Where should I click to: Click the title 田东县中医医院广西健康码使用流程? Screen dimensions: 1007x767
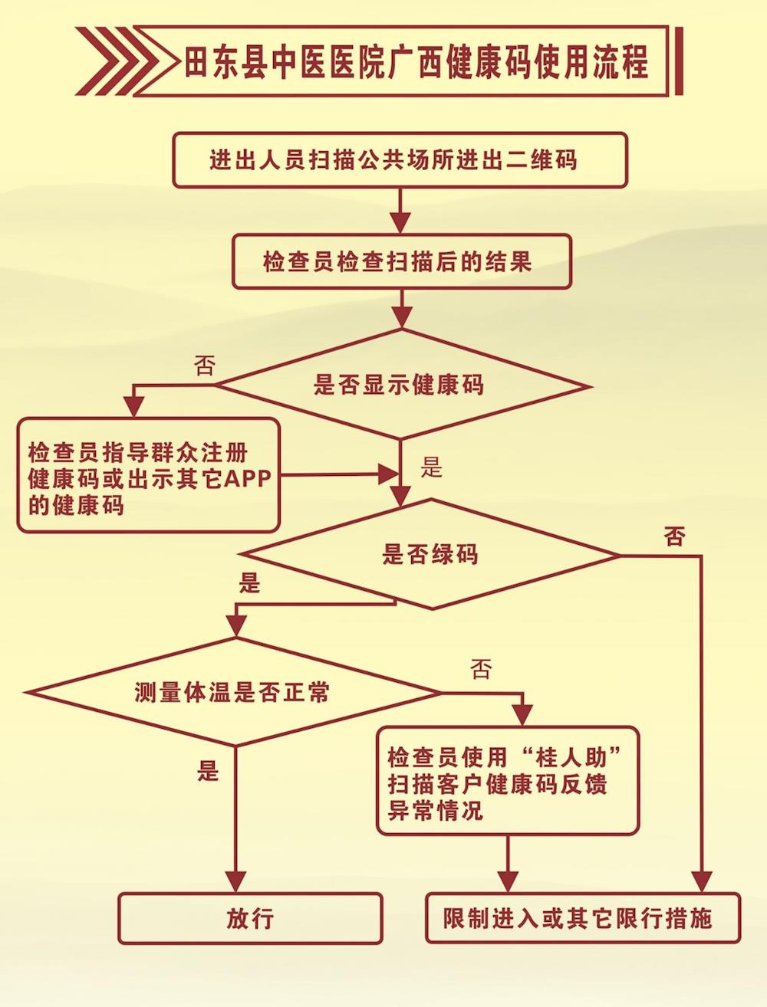tap(416, 62)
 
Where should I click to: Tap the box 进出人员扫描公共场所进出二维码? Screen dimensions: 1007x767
tap(400, 160)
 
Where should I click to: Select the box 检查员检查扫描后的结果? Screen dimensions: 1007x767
tap(401, 262)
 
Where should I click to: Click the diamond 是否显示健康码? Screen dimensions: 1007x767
tap(401, 384)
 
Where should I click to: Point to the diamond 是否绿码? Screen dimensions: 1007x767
tap(430, 554)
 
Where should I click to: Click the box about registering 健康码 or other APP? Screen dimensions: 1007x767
tap(147, 475)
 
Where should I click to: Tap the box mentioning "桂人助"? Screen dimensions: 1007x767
tap(507, 780)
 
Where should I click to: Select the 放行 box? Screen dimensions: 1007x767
tap(250, 918)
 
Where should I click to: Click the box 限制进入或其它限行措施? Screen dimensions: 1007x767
tap(583, 918)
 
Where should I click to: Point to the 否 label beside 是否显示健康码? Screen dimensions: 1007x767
tap(205, 366)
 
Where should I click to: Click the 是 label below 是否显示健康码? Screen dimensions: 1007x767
tap(432, 467)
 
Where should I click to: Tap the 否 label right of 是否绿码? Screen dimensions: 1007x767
tap(675, 536)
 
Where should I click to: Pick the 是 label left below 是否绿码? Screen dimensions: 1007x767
tap(250, 583)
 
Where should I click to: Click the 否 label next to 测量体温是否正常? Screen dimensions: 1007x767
tap(481, 669)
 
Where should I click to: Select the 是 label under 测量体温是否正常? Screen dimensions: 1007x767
tap(208, 770)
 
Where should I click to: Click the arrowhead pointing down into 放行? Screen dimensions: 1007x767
tap(236, 881)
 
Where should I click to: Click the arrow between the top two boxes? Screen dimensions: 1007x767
tap(400, 211)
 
